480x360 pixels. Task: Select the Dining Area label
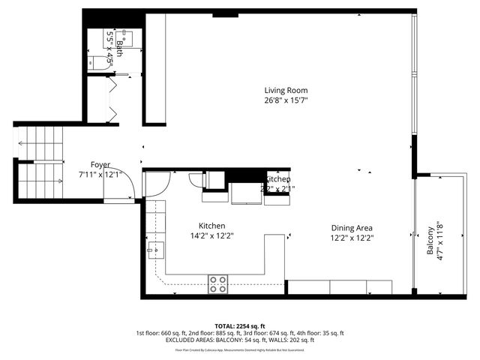352,228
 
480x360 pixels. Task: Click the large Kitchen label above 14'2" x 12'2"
211,226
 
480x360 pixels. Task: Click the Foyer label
100,164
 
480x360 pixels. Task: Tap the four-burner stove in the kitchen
218,283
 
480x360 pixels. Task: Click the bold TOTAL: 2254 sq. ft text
240,326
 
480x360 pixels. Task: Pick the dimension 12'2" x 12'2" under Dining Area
352,238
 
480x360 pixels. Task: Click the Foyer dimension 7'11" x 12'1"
100,174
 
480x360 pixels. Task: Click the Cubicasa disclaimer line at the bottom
240,349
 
